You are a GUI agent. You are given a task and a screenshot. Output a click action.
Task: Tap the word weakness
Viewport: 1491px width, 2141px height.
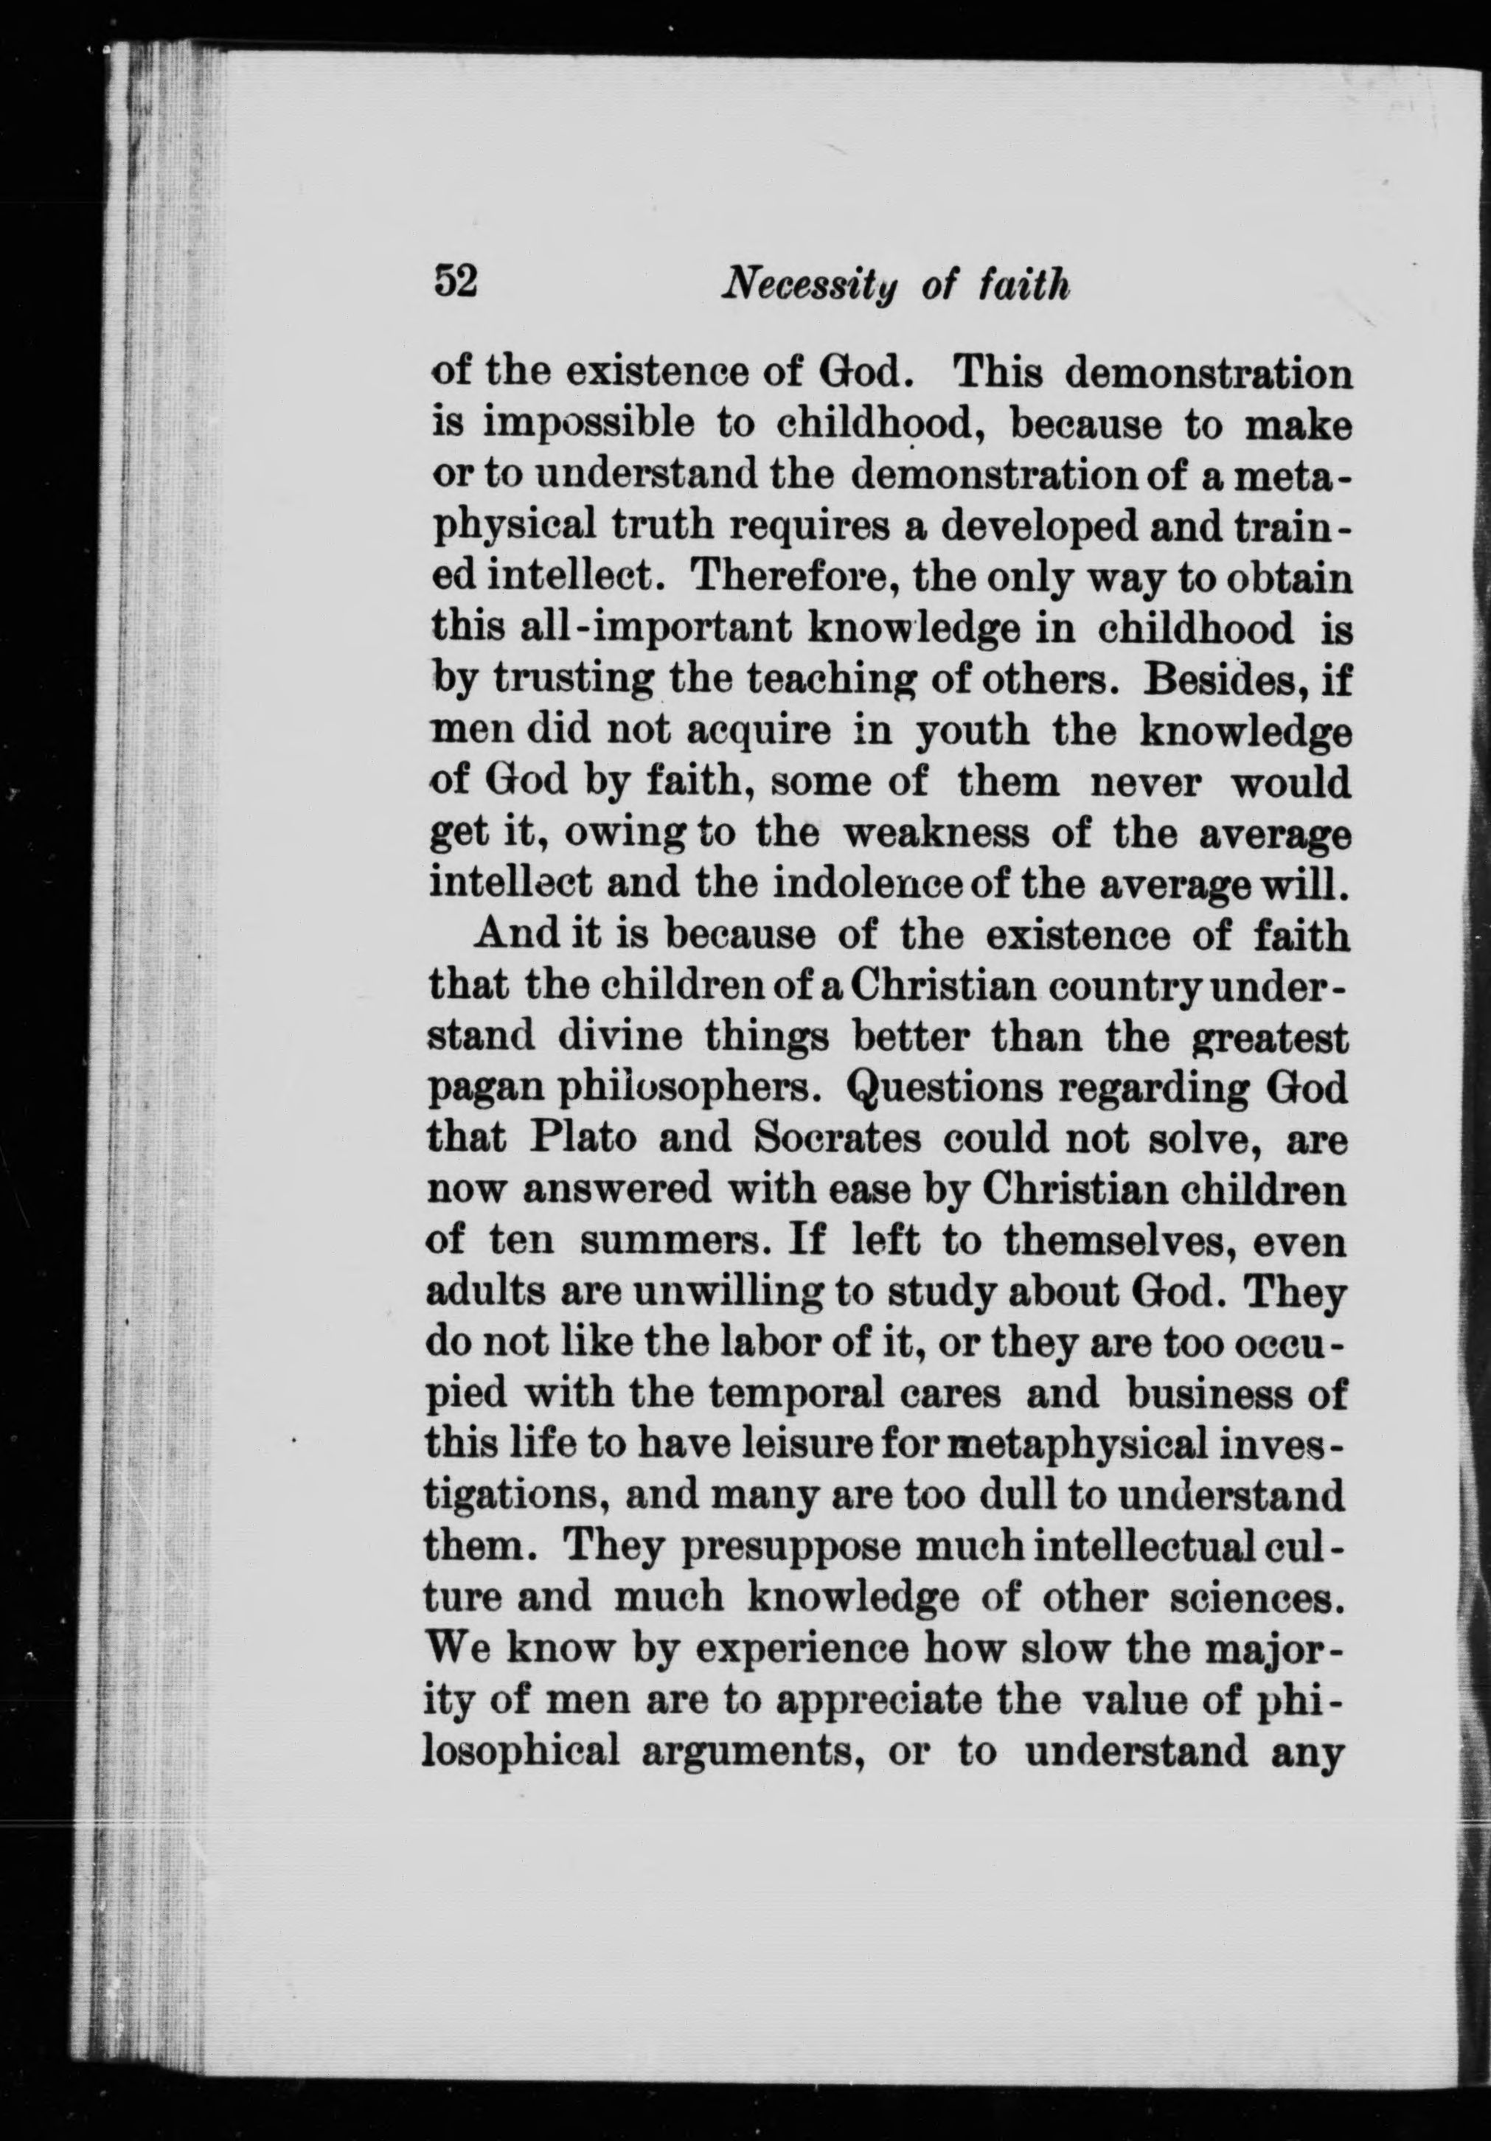(935, 832)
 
